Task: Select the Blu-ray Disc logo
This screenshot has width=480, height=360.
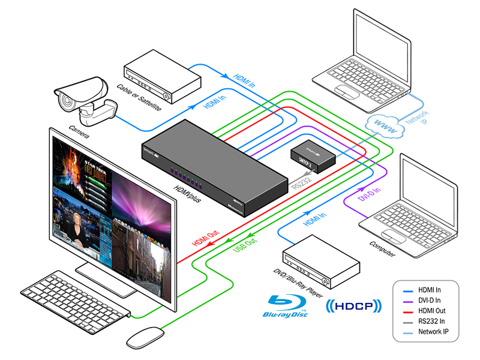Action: click(287, 306)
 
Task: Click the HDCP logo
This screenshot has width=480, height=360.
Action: click(353, 307)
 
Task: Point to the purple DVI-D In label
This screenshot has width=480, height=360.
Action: click(369, 196)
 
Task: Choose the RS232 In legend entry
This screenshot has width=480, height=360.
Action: click(433, 321)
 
